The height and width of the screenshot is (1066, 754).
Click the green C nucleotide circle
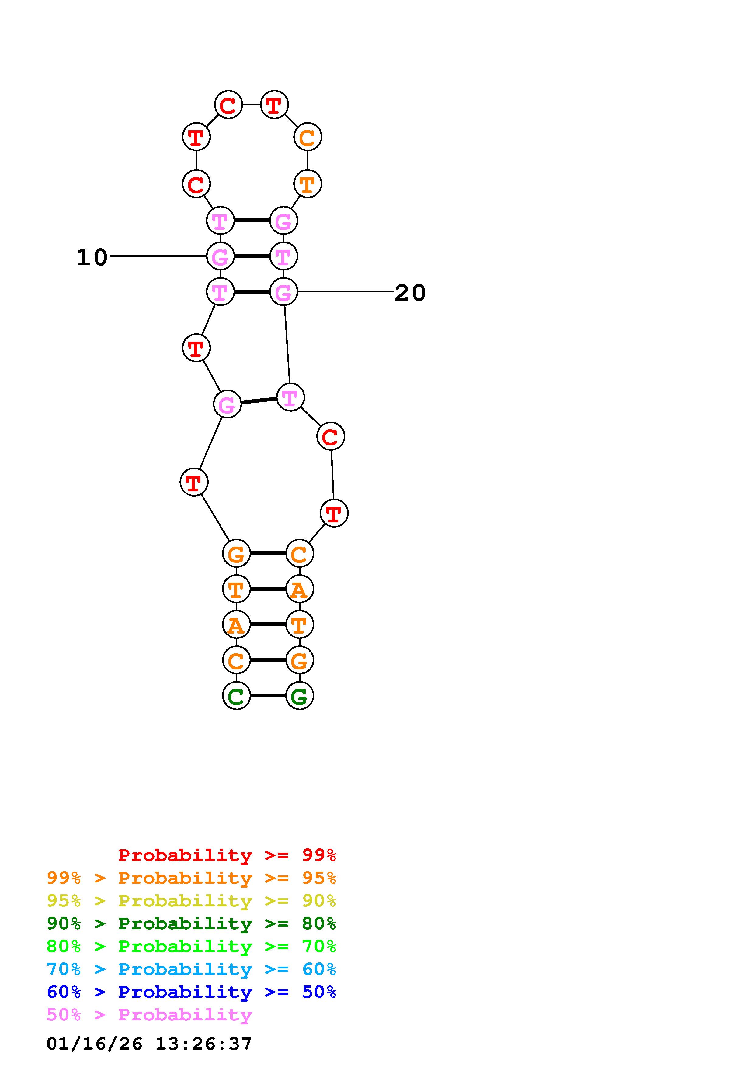pyautogui.click(x=236, y=696)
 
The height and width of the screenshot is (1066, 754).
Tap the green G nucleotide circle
pyautogui.click(x=300, y=696)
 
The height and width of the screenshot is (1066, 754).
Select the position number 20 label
pyautogui.click(x=410, y=293)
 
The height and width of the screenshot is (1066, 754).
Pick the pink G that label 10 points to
pyautogui.click(x=220, y=256)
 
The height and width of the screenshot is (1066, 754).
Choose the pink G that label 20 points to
pyautogui.click(x=283, y=292)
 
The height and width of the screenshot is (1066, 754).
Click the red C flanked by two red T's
pyautogui.click(x=228, y=105)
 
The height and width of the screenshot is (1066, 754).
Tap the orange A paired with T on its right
pyautogui.click(x=236, y=624)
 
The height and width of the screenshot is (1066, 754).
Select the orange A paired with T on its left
pyautogui.click(x=300, y=589)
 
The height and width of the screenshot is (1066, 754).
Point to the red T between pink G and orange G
pyautogui.click(x=194, y=482)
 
